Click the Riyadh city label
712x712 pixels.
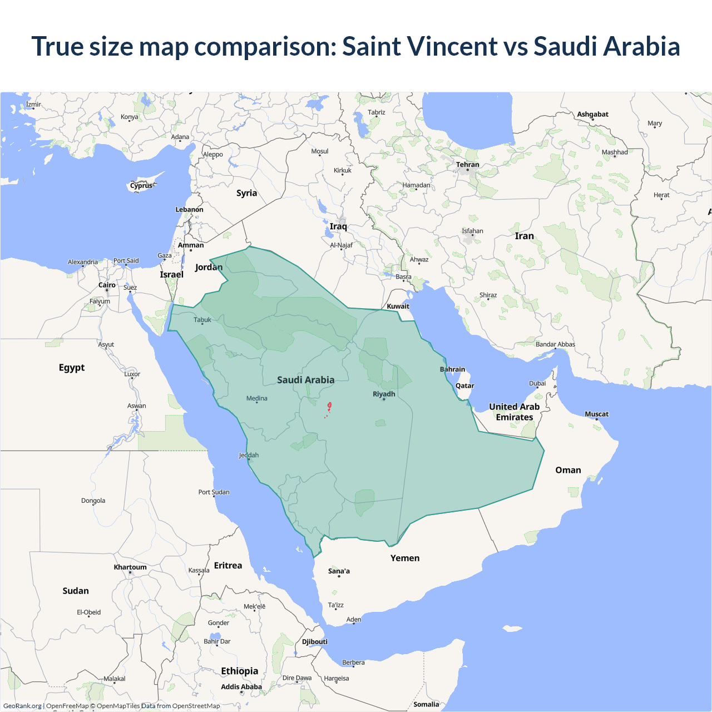[x=384, y=394]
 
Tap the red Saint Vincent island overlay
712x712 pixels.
[x=329, y=406]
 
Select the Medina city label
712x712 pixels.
[x=257, y=398]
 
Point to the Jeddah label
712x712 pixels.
[x=249, y=455]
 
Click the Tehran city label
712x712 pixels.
[x=467, y=165]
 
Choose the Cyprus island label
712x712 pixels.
[x=141, y=186]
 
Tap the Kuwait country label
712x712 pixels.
[x=398, y=306]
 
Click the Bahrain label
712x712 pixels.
[x=452, y=369]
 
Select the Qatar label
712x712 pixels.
[x=465, y=385]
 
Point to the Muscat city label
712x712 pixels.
[x=596, y=414]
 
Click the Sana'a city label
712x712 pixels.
[x=339, y=571]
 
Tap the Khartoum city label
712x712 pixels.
[x=130, y=567]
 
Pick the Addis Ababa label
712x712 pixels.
[x=241, y=686]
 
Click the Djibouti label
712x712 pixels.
[x=315, y=641]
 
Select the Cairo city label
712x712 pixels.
[x=107, y=285]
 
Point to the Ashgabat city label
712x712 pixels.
[x=592, y=114]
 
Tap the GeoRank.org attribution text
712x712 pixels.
[x=22, y=706]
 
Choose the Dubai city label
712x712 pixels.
[x=537, y=383]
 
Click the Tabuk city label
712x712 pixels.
[x=202, y=320]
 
